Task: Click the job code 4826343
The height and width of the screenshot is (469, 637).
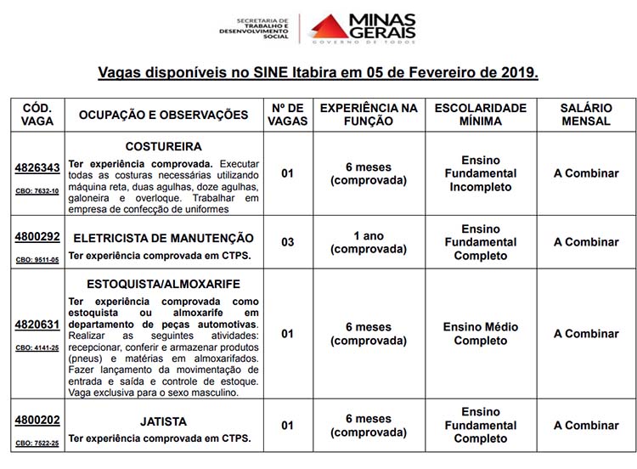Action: [x=37, y=168]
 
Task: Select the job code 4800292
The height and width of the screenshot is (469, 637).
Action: [x=37, y=237]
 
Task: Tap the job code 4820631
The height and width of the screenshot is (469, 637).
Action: [x=37, y=324]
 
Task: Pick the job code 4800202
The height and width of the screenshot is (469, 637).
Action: [x=37, y=420]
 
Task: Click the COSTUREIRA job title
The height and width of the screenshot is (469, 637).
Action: [x=163, y=146]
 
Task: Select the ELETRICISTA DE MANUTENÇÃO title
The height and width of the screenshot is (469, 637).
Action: [x=163, y=238]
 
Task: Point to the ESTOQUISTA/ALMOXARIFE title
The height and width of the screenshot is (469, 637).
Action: [x=163, y=284]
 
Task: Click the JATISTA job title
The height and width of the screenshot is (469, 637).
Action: [x=163, y=421]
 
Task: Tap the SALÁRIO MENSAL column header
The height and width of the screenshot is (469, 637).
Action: [x=586, y=115]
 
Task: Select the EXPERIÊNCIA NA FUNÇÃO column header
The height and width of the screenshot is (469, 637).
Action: [x=369, y=115]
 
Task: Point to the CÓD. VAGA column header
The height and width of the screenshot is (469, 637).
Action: [x=37, y=115]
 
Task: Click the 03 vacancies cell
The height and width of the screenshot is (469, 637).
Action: [x=287, y=242]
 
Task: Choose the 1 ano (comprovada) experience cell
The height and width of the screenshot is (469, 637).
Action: [x=369, y=242]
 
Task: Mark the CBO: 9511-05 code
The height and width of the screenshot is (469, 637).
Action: [x=37, y=260]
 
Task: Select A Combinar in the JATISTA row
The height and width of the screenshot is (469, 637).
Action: [x=586, y=426]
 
